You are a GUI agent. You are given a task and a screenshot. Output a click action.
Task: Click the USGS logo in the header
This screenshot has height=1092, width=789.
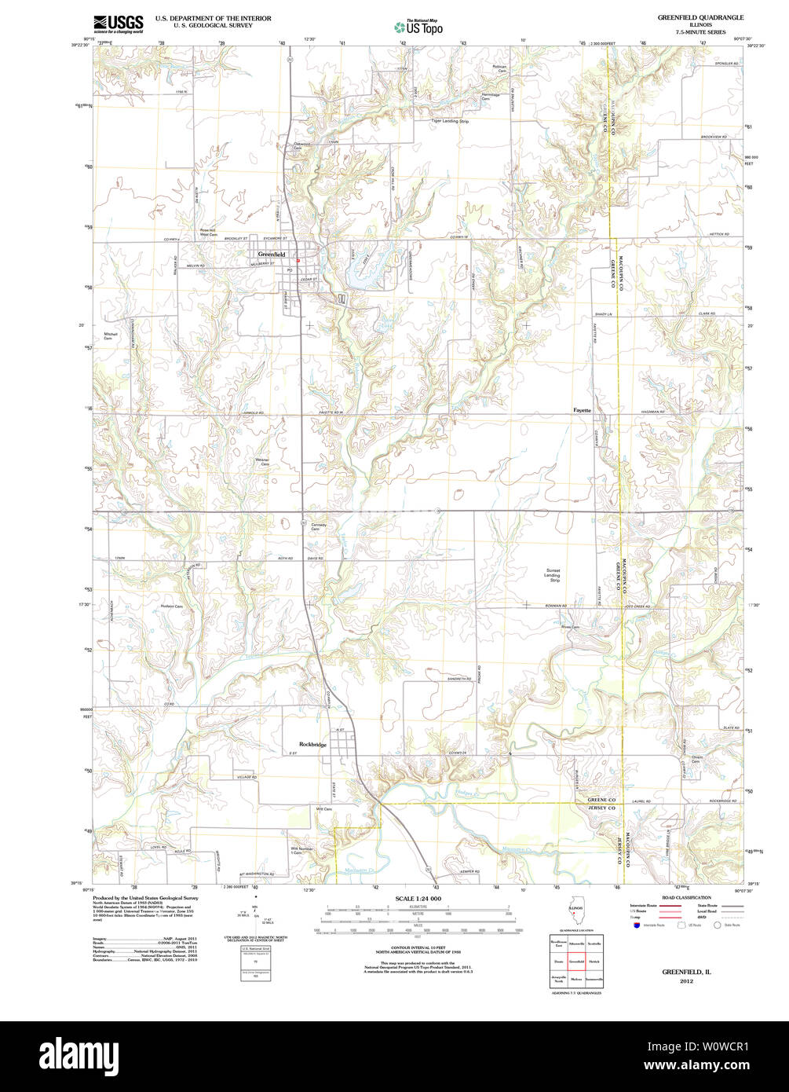tap(118, 24)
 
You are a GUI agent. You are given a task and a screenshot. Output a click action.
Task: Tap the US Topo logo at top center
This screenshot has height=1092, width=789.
tap(418, 27)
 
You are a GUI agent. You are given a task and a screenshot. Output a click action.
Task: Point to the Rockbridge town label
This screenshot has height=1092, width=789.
tap(312, 744)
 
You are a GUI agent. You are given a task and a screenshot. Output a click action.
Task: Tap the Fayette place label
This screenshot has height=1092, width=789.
tap(582, 410)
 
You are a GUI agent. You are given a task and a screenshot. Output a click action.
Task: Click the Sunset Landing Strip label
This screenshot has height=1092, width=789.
tap(553, 575)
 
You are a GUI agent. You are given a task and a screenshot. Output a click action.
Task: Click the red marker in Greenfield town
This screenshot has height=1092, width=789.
tap(298, 261)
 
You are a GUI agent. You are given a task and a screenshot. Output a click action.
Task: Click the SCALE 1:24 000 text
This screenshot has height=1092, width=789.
tap(418, 898)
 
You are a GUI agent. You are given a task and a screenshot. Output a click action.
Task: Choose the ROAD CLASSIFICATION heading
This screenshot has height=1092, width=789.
tap(687, 897)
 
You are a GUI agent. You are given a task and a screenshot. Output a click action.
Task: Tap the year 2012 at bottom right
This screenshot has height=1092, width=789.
tap(687, 981)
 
